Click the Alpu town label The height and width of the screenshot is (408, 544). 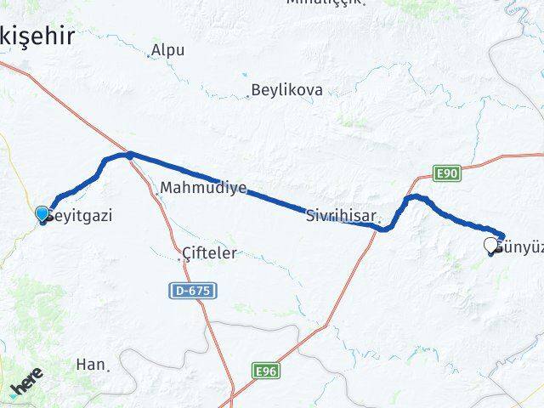[169, 50]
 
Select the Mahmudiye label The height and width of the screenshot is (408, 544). [203, 187]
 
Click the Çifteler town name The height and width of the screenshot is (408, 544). [210, 253]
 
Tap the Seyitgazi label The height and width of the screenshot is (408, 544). [81, 216]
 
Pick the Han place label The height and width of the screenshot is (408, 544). [89, 364]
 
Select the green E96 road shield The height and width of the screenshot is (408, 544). [266, 371]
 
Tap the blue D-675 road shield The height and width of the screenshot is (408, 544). [192, 291]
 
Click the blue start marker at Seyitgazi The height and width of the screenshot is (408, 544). [42, 214]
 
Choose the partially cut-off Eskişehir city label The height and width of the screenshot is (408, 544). [37, 35]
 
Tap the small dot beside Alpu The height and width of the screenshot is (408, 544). [149, 57]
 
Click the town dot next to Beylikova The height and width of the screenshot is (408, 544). [250, 95]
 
